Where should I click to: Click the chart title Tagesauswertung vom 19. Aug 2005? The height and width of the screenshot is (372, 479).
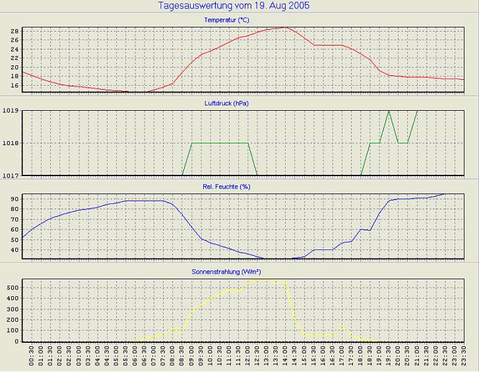234,5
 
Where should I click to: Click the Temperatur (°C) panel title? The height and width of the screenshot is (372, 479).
239,20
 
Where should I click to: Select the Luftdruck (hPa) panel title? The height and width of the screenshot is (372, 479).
239,103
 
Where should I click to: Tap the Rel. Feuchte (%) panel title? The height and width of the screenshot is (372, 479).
239,187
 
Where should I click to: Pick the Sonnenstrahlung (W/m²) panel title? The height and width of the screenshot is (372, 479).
239,271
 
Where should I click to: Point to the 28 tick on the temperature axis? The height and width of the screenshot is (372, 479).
15,30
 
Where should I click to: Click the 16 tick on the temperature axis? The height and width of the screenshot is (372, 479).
15,86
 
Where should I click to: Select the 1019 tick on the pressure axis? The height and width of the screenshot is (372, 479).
11,110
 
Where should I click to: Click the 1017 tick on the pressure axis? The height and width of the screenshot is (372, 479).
11,175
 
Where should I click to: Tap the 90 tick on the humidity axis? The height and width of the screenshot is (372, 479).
15,198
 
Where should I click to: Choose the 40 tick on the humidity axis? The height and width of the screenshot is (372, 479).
15,249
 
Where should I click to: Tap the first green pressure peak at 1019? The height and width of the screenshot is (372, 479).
389,111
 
